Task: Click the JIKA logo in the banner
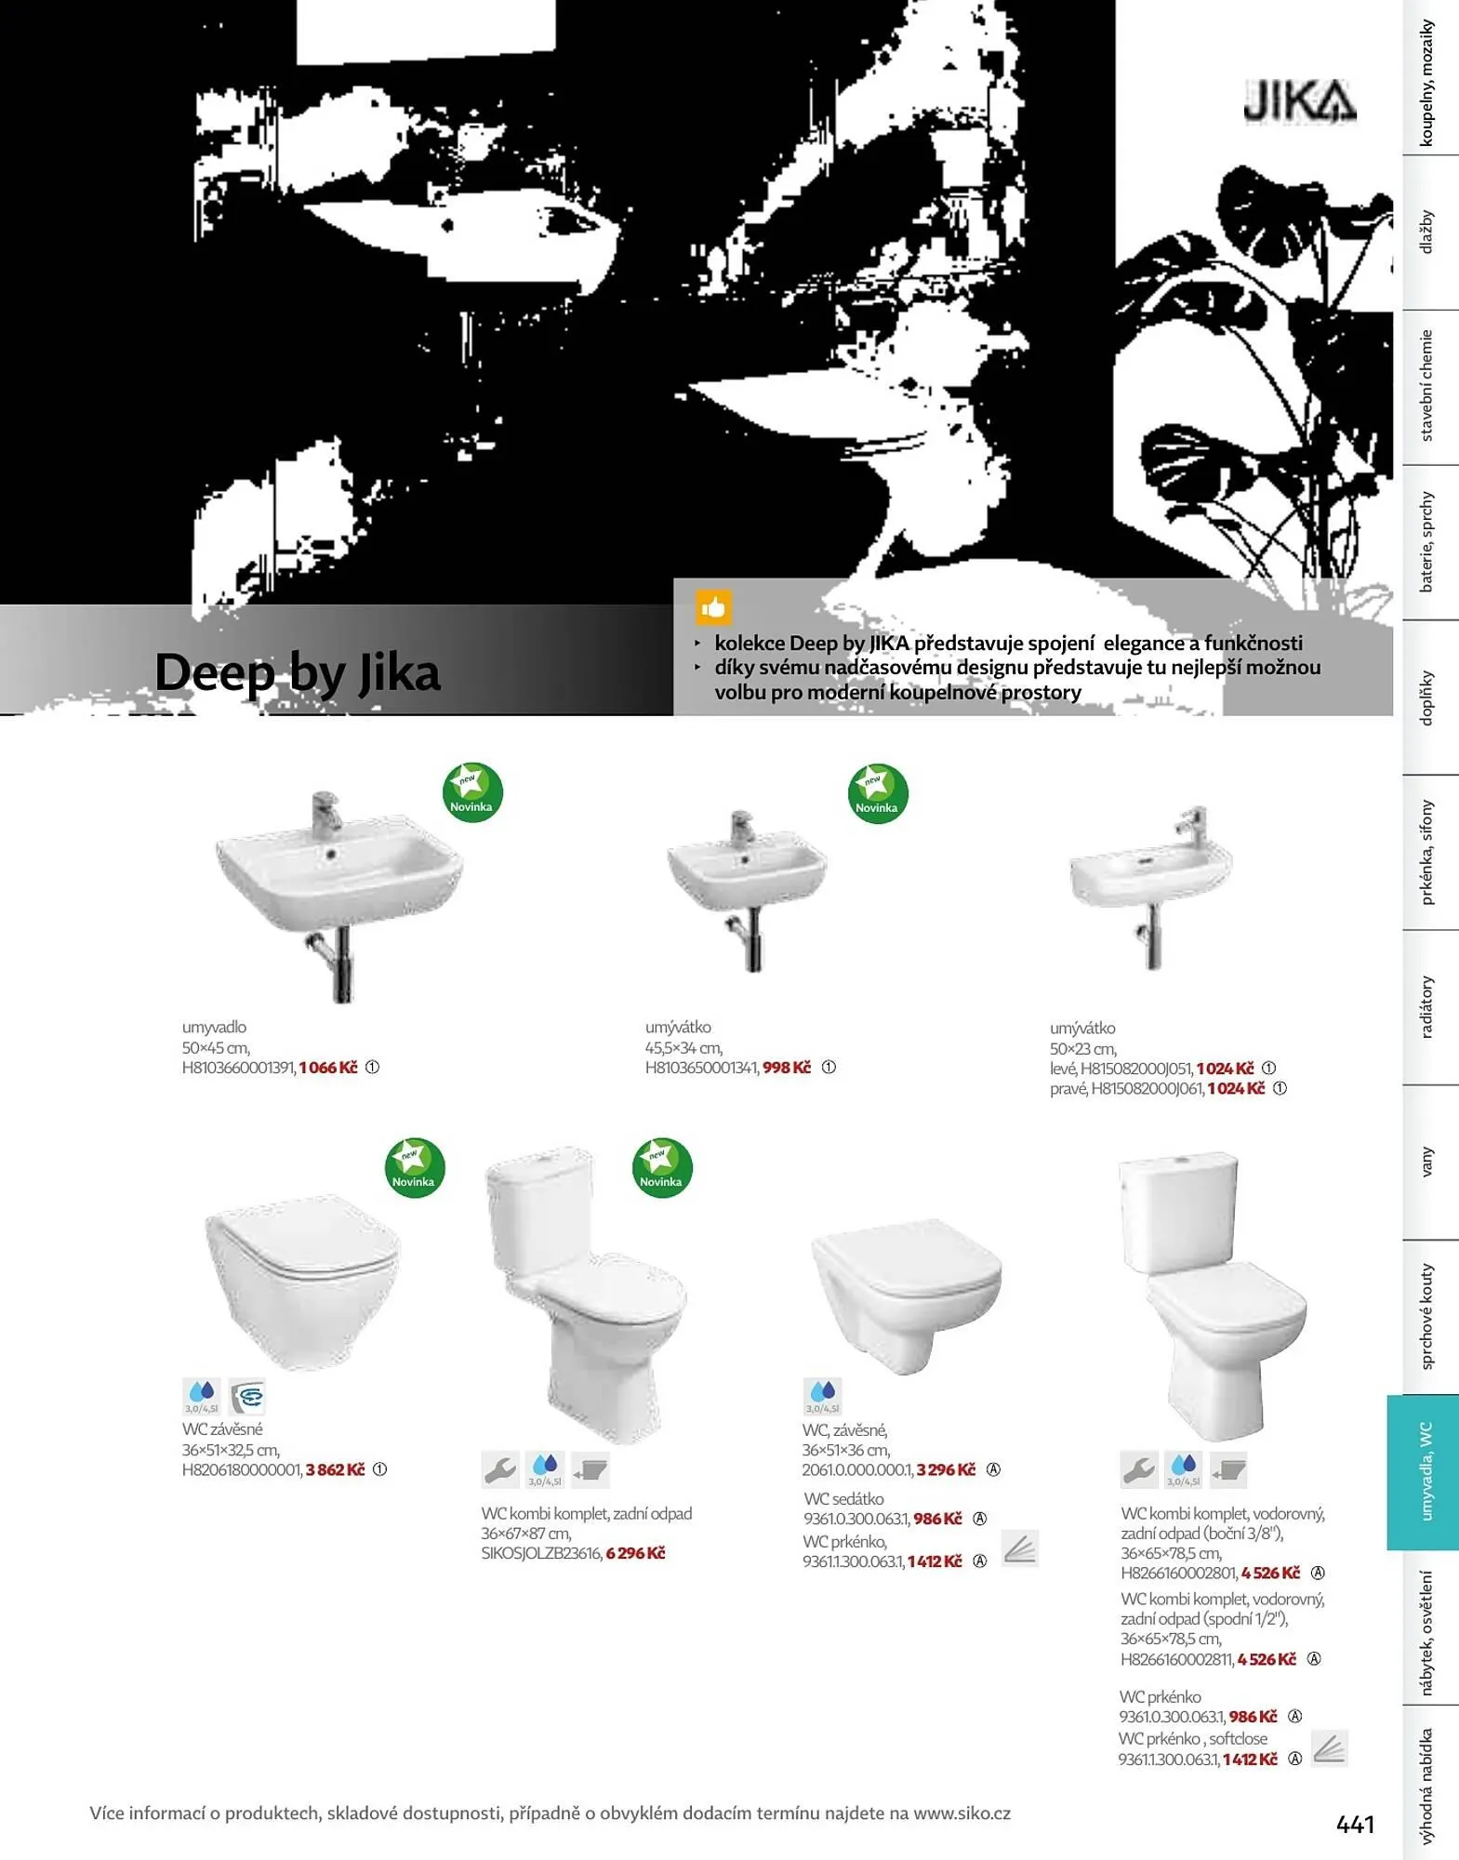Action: (x=1299, y=101)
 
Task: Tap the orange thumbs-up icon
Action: (x=713, y=607)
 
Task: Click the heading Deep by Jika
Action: (x=298, y=672)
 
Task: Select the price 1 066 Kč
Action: (x=328, y=1068)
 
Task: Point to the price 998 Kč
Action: (x=787, y=1068)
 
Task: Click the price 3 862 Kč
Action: (x=336, y=1469)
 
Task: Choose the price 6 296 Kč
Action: (x=636, y=1553)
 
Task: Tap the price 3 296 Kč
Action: (x=946, y=1469)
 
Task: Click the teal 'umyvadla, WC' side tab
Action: (x=1424, y=1472)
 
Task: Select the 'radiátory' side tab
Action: (x=1426, y=1007)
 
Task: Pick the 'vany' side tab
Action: (x=1426, y=1162)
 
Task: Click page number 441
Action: (x=1355, y=1825)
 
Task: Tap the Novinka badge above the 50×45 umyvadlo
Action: (x=472, y=793)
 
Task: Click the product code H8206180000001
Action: (x=242, y=1469)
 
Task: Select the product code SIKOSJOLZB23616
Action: (x=541, y=1553)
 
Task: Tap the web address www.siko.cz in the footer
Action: (x=962, y=1813)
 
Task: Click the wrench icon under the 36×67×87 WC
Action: (x=500, y=1469)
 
